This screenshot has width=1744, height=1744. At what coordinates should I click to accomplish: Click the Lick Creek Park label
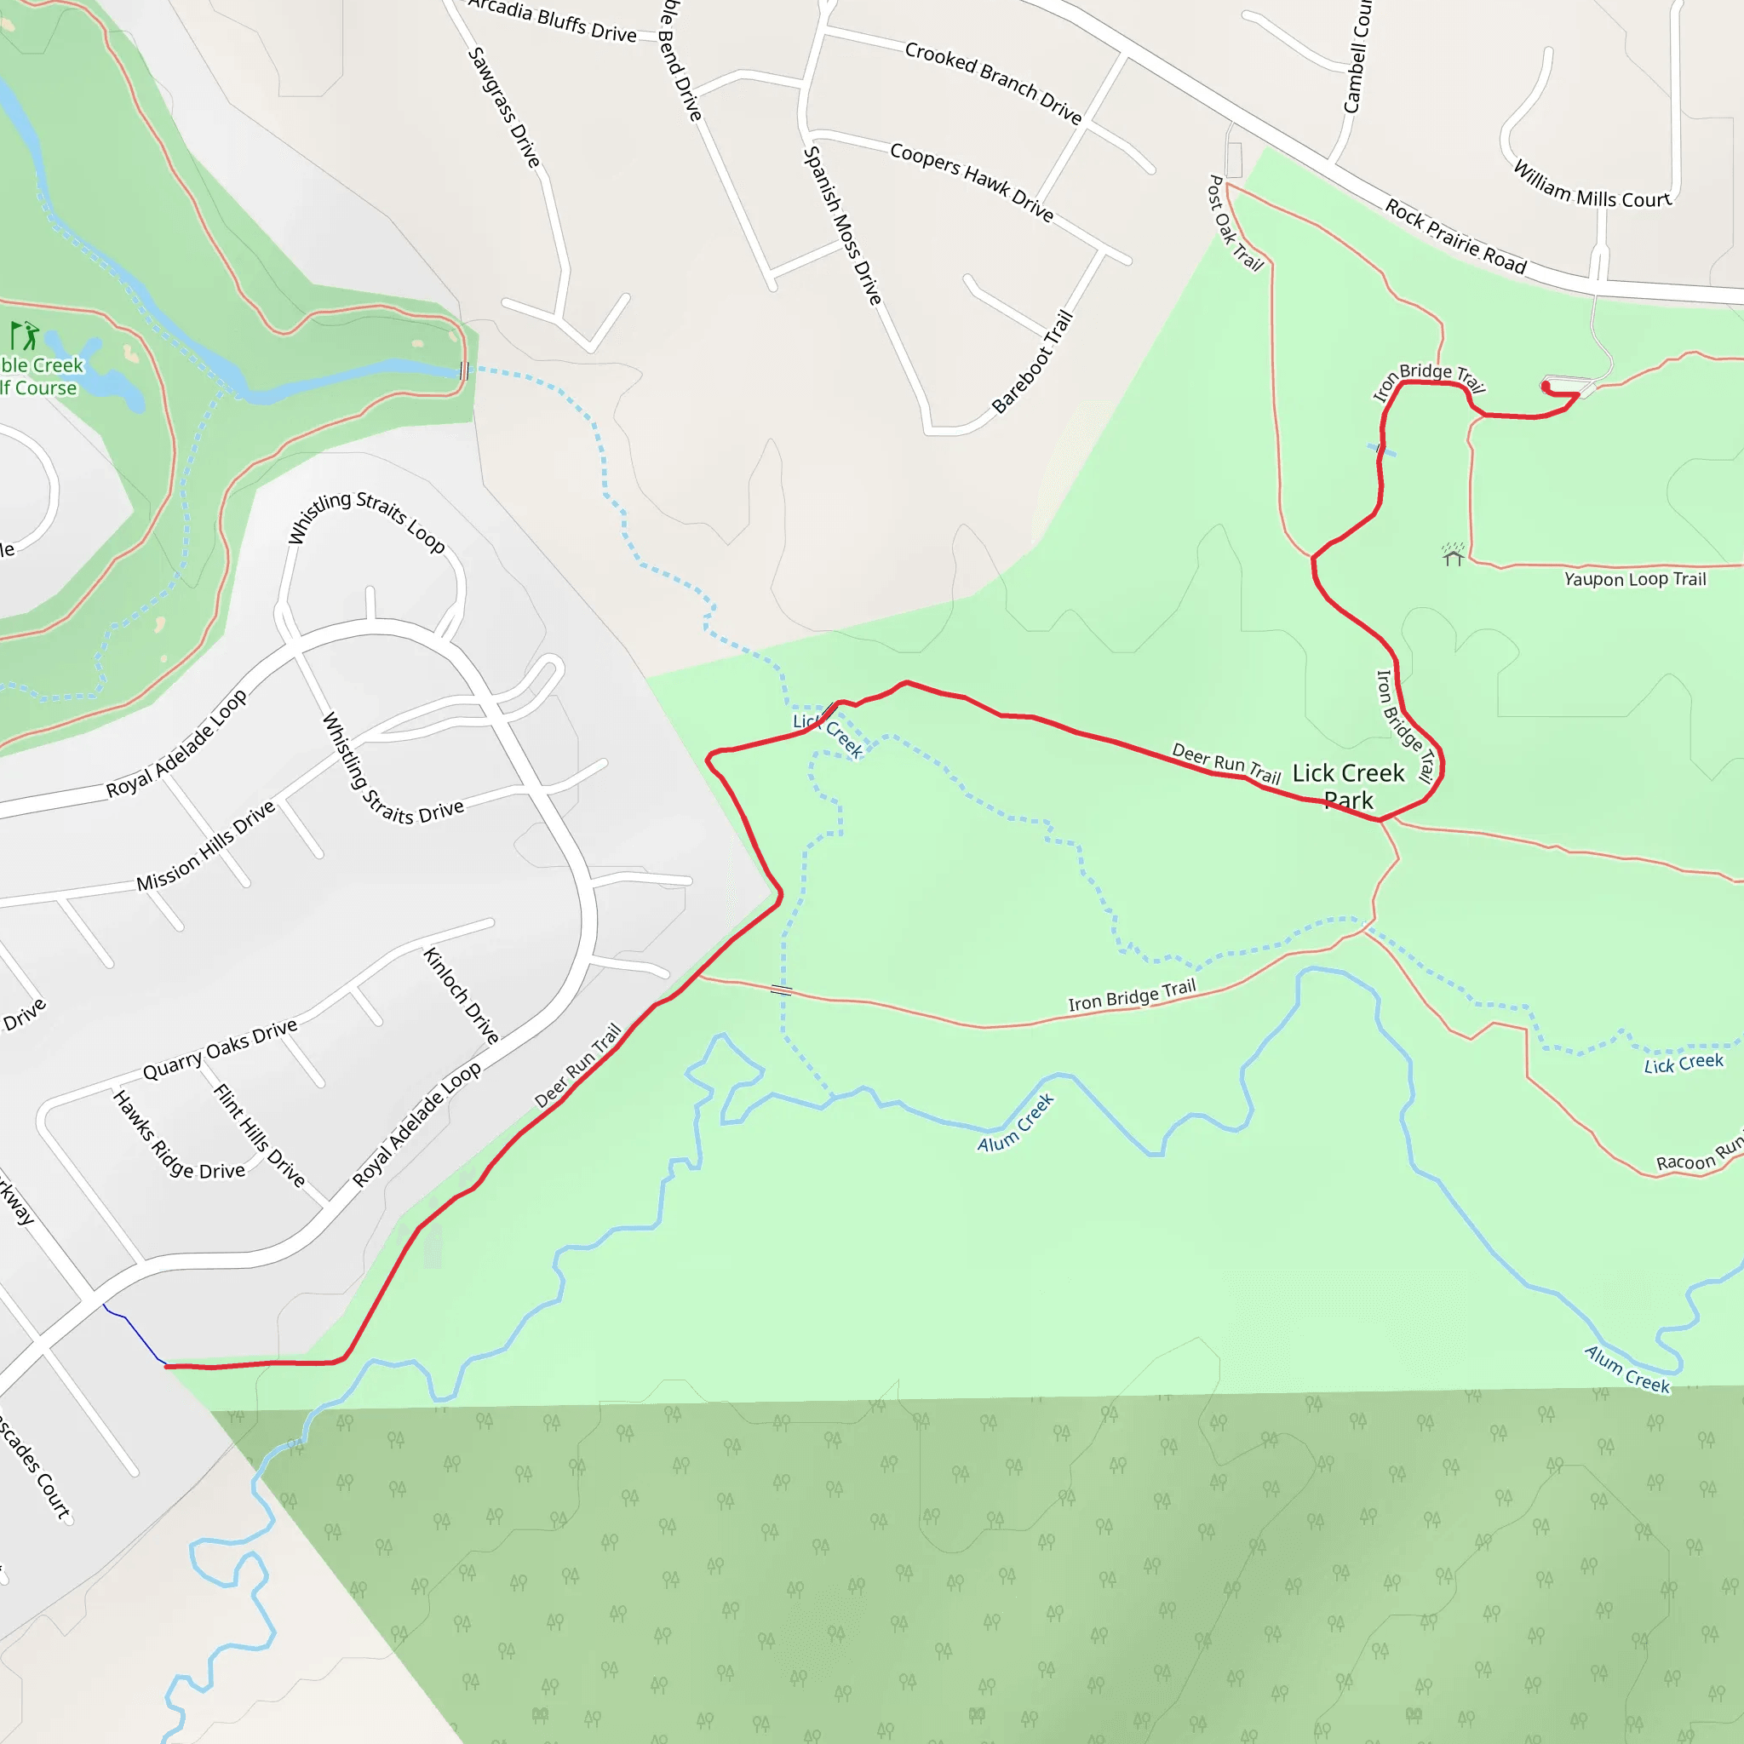click(x=1349, y=786)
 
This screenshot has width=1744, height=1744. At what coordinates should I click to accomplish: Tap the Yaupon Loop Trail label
click(x=1635, y=580)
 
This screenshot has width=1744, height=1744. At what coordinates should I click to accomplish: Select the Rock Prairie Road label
click(x=1455, y=238)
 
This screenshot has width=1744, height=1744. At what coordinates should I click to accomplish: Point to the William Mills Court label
click(x=1592, y=186)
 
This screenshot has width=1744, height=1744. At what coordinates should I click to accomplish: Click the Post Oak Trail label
click(x=1235, y=223)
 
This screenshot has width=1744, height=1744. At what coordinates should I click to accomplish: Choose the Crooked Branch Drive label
click(x=993, y=82)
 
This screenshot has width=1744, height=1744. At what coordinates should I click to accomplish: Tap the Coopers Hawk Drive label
click(x=972, y=181)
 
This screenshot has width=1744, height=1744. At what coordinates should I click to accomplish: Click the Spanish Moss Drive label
click(x=841, y=226)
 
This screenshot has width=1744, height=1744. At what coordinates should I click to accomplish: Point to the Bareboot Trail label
click(x=1033, y=361)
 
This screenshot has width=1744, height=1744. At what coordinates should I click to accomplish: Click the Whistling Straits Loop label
click(x=365, y=521)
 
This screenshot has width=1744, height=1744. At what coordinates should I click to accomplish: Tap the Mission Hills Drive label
click(x=206, y=846)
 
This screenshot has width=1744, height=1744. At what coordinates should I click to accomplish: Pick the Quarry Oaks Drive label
click(x=221, y=1049)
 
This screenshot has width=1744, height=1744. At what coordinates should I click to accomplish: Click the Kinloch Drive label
click(x=462, y=995)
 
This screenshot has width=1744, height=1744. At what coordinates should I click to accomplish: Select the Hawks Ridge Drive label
click(x=178, y=1137)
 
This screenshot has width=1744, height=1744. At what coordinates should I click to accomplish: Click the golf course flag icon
click(x=25, y=336)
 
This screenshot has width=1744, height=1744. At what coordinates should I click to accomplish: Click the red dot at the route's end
click(x=1546, y=387)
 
